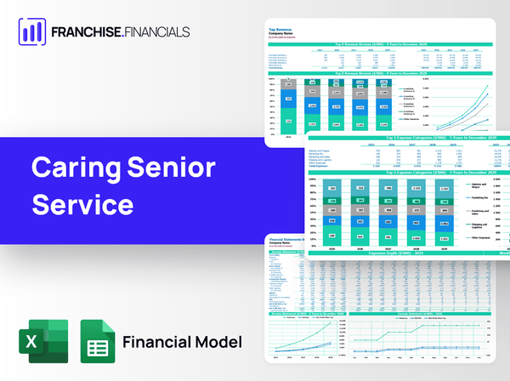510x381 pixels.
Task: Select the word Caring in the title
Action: [76, 168]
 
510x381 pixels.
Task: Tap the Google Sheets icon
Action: [97, 341]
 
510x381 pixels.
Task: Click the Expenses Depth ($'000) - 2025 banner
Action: [399, 253]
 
